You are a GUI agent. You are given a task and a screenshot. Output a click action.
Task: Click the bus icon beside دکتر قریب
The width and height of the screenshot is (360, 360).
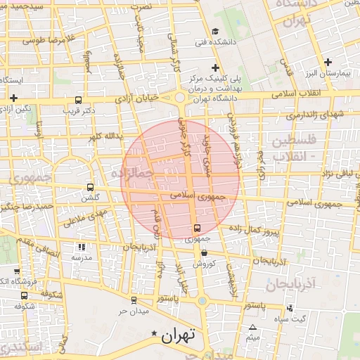77,100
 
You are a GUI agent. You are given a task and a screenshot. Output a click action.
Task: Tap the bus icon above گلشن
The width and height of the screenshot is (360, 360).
90,187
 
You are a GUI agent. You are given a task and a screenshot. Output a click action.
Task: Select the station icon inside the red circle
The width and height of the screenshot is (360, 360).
197,229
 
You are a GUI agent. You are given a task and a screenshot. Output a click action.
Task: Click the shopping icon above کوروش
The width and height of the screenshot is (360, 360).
204,253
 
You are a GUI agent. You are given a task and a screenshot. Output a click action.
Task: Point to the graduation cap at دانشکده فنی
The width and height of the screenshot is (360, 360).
214,31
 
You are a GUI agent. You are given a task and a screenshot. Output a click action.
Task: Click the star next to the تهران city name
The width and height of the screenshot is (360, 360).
155,333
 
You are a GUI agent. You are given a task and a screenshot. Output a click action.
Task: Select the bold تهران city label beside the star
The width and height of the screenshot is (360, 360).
178,336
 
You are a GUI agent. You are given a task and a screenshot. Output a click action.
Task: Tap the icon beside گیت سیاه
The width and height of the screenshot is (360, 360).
290,308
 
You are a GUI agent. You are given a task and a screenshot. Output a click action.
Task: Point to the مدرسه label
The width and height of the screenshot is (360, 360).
82,257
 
